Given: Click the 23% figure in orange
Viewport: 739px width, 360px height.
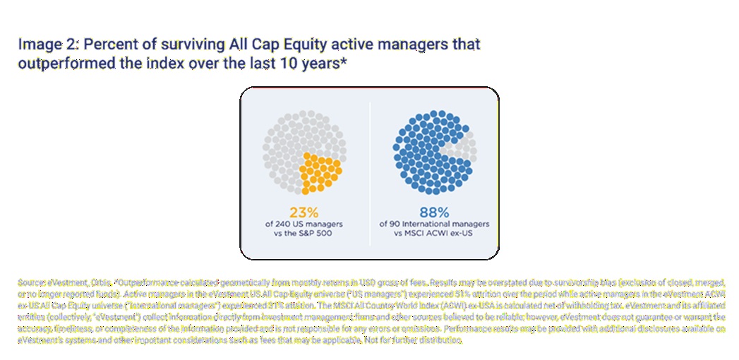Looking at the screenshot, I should [x=304, y=211].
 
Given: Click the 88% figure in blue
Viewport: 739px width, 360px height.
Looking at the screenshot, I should [x=435, y=211].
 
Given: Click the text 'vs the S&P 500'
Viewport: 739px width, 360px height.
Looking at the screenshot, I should [x=304, y=234].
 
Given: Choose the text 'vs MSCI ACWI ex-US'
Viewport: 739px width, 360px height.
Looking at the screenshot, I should [x=435, y=234].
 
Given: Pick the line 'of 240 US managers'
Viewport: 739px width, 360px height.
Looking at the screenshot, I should [x=304, y=224].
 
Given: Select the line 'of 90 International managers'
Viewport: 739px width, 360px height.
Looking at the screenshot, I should [x=435, y=224].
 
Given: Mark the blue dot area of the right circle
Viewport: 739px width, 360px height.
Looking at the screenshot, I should [x=420, y=152].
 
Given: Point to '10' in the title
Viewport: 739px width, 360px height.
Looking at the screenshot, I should [x=264, y=63].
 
